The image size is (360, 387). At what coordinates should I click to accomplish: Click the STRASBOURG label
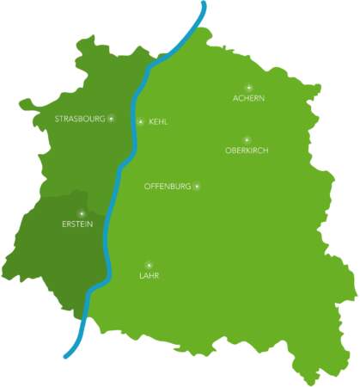pos(78,118)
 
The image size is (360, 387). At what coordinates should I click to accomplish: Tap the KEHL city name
pos(158,122)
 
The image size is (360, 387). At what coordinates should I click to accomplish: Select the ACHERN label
pos(248,99)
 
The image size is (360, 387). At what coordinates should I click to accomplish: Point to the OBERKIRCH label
pos(247,150)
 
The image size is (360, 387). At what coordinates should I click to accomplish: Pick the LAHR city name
pos(149,276)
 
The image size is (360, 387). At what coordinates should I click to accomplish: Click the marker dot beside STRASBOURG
pos(110,118)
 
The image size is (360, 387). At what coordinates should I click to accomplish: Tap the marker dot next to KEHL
pos(141,121)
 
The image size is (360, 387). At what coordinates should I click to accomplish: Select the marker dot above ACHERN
pos(248,87)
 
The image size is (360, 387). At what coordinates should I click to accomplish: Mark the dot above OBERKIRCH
pos(247,138)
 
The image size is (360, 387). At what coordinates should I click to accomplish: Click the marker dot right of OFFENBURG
pos(197,186)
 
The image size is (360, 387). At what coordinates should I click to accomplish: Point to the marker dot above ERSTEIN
pos(81,212)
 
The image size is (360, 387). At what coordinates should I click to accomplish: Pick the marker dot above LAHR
pos(149,264)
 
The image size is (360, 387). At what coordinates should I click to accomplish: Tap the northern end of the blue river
pos(204,3)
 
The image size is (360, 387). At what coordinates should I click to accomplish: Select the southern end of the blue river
pos(65,355)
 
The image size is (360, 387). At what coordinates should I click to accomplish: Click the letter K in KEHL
pos(151,122)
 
